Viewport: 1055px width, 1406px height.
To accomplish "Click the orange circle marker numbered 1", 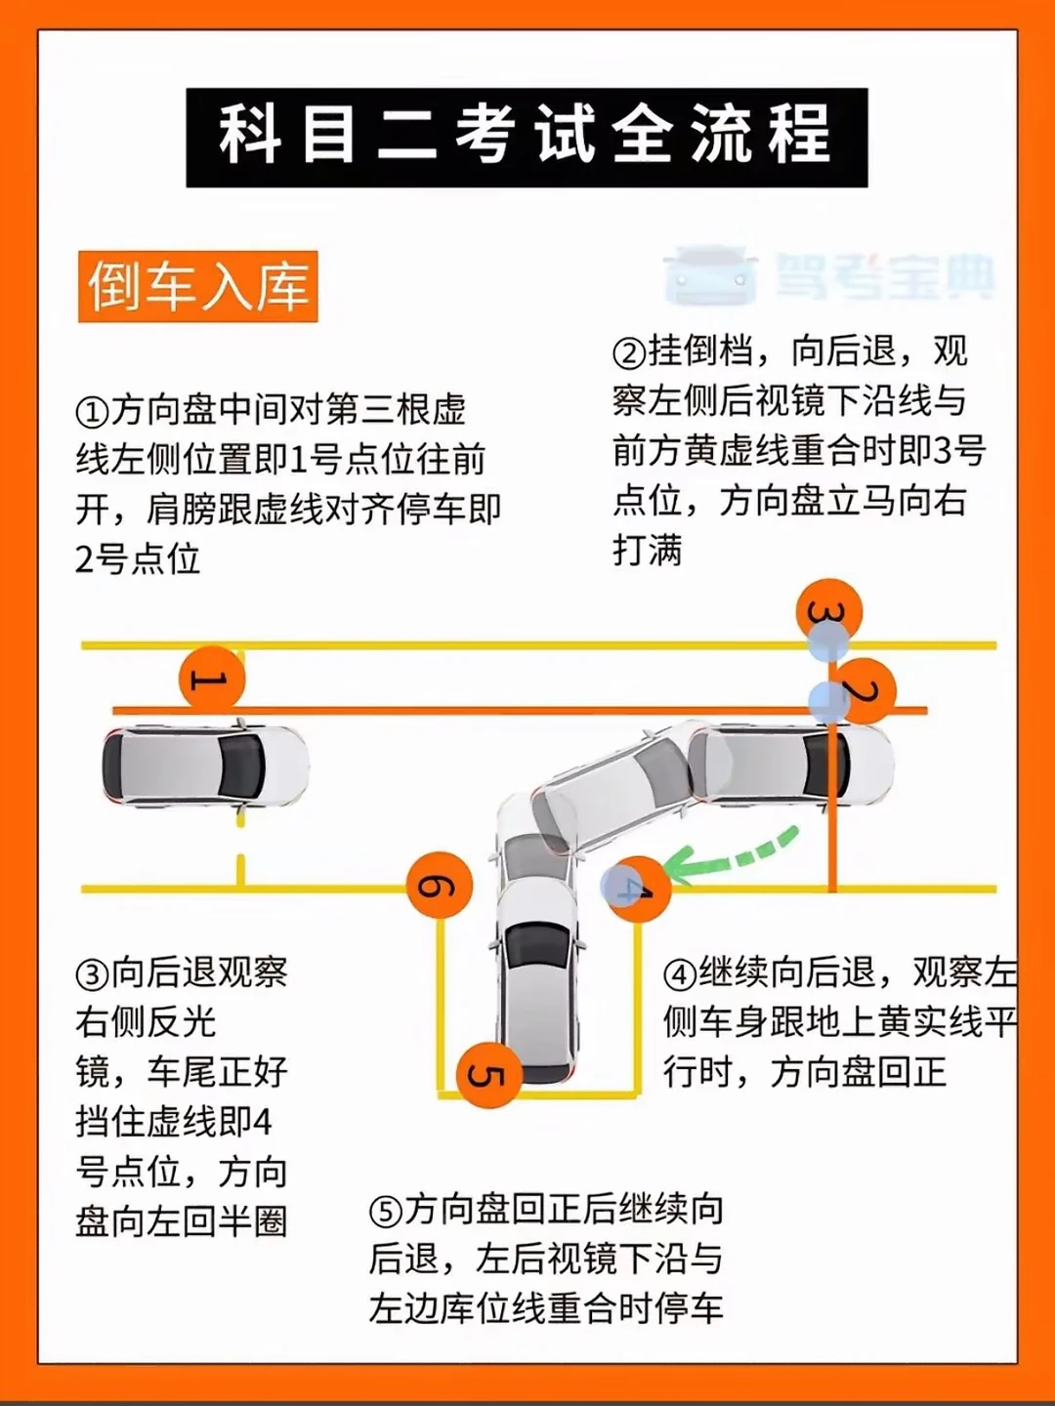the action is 212,679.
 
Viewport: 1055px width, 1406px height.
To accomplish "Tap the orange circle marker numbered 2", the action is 863,691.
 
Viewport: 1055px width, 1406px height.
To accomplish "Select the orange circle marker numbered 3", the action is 829,612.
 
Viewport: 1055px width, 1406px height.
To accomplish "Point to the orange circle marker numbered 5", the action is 489,1075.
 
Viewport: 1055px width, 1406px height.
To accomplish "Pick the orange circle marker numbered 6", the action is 440,886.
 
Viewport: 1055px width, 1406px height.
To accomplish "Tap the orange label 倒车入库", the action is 198,286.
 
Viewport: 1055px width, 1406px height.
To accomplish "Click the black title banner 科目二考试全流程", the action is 527,138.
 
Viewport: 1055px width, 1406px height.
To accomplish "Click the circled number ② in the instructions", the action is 630,352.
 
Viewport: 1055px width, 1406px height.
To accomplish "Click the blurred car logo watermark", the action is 711,273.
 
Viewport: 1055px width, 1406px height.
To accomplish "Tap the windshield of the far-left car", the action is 242,765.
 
